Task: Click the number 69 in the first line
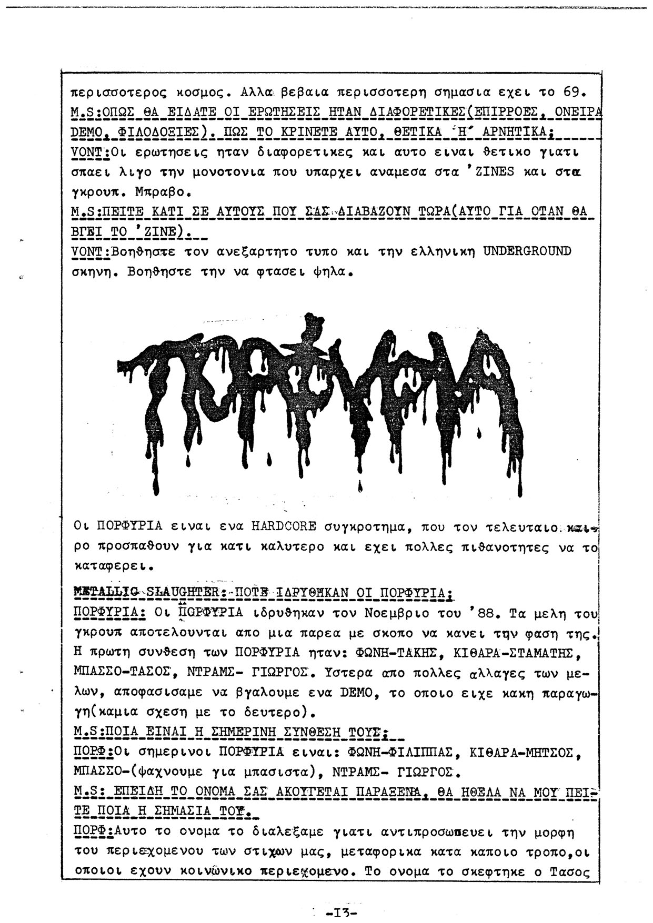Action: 571,93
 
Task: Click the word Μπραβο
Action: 150,191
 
